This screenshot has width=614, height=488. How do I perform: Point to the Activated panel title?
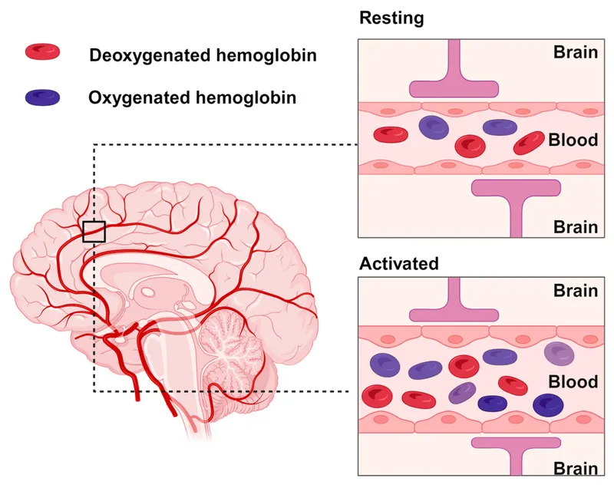[x=399, y=263]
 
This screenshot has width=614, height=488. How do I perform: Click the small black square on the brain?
[x=94, y=231]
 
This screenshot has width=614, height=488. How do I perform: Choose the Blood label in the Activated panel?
[x=573, y=381]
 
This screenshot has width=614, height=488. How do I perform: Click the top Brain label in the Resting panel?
[x=576, y=52]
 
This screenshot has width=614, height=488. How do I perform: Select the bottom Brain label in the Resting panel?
[x=576, y=226]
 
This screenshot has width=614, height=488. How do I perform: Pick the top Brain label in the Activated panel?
[x=576, y=291]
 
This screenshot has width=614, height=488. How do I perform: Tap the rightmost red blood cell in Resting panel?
[x=529, y=142]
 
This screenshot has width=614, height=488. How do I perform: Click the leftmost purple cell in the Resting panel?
[x=433, y=127]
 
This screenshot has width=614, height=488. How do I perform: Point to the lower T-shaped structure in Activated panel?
[x=515, y=453]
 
